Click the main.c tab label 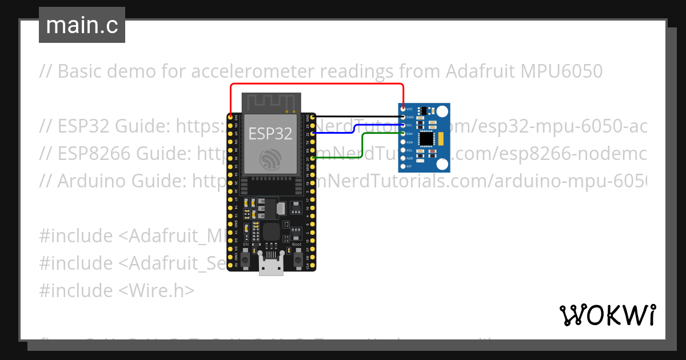(x=82, y=25)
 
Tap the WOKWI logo (x=607, y=314)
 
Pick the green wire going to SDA (x=364, y=146)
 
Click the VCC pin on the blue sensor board (x=404, y=109)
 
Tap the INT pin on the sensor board (x=404, y=166)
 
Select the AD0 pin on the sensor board (x=404, y=158)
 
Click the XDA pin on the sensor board (x=404, y=142)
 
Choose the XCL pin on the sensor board (x=404, y=150)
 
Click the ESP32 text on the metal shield (x=270, y=134)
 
